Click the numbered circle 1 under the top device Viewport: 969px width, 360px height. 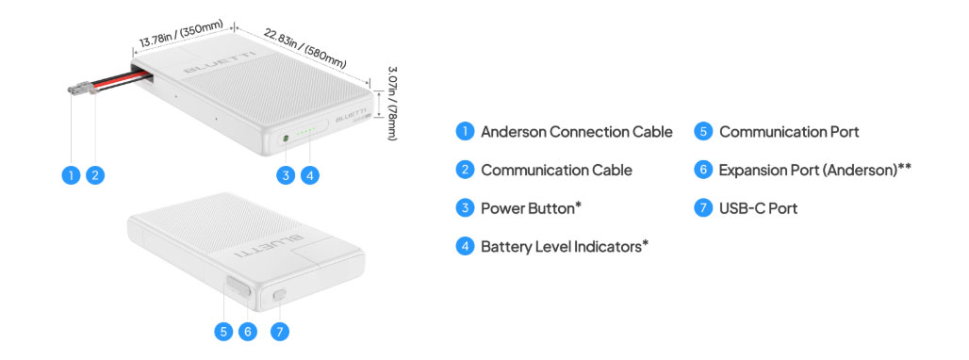[x=71, y=175]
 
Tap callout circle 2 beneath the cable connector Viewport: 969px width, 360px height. [x=95, y=175]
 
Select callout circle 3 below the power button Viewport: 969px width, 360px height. [x=286, y=175]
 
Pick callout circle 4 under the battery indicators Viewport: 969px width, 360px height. [x=309, y=175]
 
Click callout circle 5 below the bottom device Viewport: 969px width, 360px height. [x=223, y=332]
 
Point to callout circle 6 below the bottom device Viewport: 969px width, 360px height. [x=248, y=332]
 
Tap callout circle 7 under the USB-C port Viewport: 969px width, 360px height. [x=280, y=332]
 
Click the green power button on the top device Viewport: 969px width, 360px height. [x=286, y=139]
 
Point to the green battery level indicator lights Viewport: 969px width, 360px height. [x=306, y=131]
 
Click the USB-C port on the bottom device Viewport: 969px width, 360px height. [x=279, y=295]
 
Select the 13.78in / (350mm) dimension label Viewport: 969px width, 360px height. [x=180, y=35]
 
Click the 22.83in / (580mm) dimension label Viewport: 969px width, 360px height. [x=305, y=47]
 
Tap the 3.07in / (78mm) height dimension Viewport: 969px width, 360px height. [x=392, y=103]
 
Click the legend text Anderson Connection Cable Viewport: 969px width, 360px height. [x=577, y=132]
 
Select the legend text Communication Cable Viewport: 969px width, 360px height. [x=556, y=170]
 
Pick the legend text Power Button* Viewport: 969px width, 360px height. [x=531, y=208]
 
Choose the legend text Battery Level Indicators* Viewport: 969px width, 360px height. [x=565, y=246]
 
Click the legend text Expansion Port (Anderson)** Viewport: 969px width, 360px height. [x=815, y=170]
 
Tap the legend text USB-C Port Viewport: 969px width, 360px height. [x=758, y=208]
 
